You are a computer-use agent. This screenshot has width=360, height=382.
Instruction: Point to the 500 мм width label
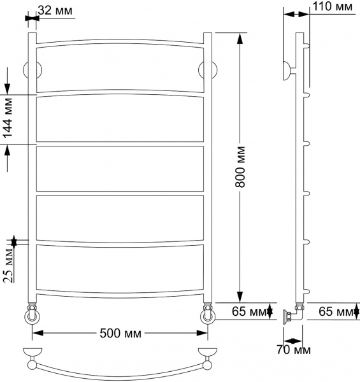[120, 334]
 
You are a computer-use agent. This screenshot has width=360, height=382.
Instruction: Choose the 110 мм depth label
[334, 7]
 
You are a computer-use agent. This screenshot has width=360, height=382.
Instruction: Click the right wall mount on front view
[207, 69]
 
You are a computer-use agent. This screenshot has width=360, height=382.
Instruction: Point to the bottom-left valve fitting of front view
[31, 316]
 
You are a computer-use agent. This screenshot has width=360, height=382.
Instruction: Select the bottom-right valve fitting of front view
[207, 316]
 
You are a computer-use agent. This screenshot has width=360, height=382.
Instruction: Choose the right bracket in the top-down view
[207, 354]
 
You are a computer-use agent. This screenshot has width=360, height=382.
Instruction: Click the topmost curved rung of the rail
[119, 42]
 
